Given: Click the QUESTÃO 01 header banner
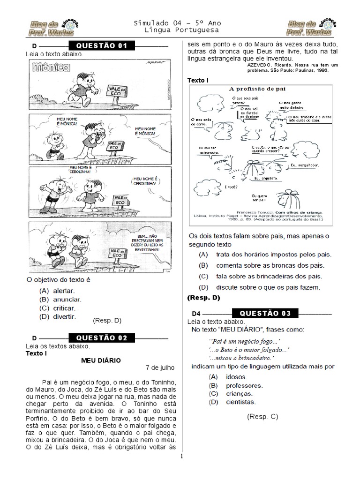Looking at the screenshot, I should click(101, 46).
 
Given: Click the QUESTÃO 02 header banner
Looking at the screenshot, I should click(101, 338).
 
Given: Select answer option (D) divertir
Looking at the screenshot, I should click(58, 316).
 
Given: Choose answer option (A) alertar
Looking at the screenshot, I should click(57, 291).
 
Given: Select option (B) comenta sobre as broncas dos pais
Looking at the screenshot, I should click(262, 265).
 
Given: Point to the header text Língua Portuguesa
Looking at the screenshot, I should click(177, 30).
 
